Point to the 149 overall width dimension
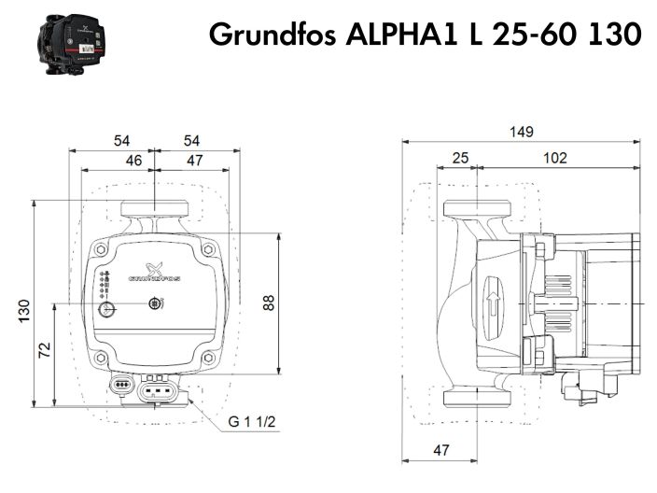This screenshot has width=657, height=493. pyautogui.click(x=522, y=132)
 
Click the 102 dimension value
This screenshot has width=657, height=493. pyautogui.click(x=554, y=159)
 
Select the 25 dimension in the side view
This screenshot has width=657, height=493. pyautogui.click(x=460, y=159)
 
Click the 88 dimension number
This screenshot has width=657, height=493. pyautogui.click(x=269, y=303)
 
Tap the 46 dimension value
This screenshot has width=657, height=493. pyautogui.click(x=135, y=161)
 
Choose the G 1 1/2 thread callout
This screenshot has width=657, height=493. pyautogui.click(x=252, y=422)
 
